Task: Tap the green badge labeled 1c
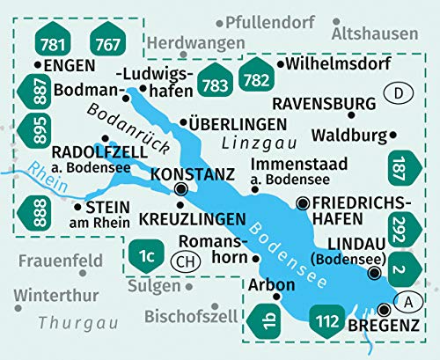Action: (146, 256)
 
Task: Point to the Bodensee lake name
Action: (290, 248)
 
